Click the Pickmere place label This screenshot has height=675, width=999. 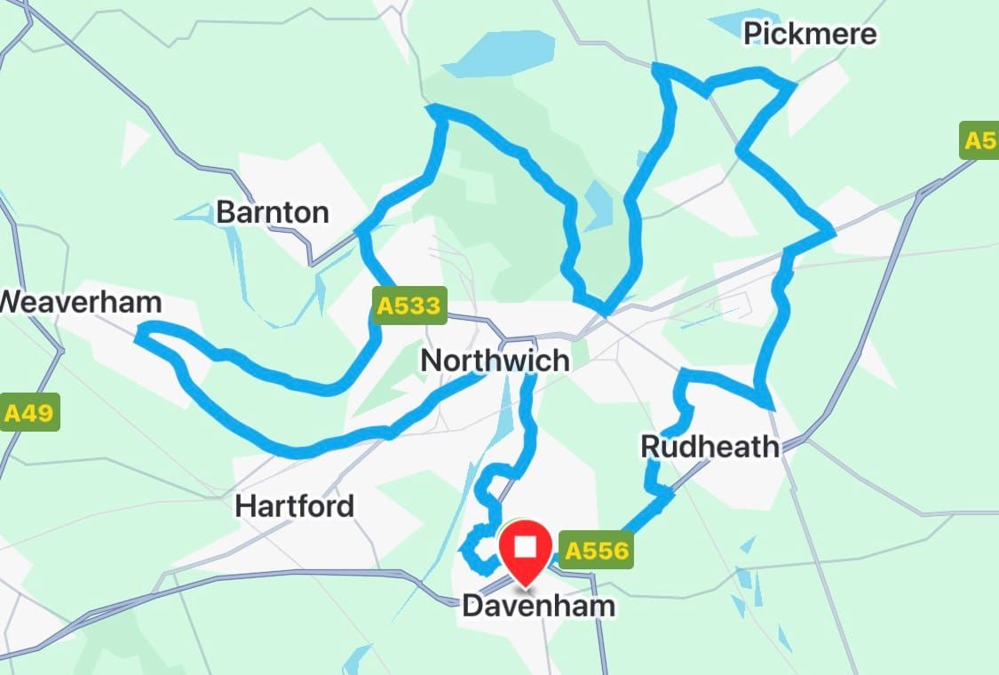(x=810, y=34)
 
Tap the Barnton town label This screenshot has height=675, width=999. (x=273, y=212)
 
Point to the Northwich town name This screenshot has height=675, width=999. (x=495, y=361)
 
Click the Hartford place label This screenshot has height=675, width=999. (x=294, y=506)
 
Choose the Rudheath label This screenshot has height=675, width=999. (x=710, y=447)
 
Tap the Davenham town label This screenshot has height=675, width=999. (x=538, y=607)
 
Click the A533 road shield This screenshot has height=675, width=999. (x=408, y=306)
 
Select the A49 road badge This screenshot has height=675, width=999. (x=30, y=412)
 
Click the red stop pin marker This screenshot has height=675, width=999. (x=526, y=551)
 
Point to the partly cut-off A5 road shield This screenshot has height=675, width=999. (x=979, y=141)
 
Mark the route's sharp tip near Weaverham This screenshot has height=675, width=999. (x=140, y=334)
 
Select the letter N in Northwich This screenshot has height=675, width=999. (x=431, y=361)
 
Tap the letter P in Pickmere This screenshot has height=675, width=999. (x=753, y=35)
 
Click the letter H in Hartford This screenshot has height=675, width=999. (x=245, y=506)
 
